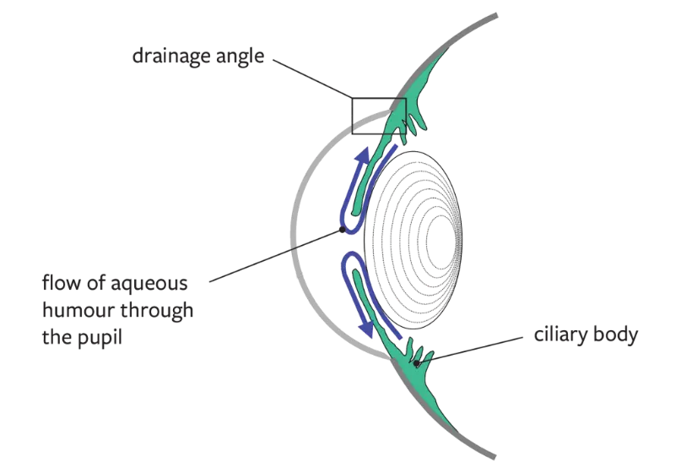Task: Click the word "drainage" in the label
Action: [171, 56]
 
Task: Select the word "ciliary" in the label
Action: [559, 334]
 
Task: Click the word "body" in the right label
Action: [614, 334]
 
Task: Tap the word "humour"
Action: [78, 310]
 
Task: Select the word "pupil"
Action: [100, 338]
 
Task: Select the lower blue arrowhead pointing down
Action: [367, 329]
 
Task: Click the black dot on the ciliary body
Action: [417, 363]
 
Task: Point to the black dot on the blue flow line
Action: [343, 230]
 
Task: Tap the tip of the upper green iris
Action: [355, 213]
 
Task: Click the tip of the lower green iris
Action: [356, 271]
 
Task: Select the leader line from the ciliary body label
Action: [471, 349]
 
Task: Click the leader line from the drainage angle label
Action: [312, 79]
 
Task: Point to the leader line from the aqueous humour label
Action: [276, 256]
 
